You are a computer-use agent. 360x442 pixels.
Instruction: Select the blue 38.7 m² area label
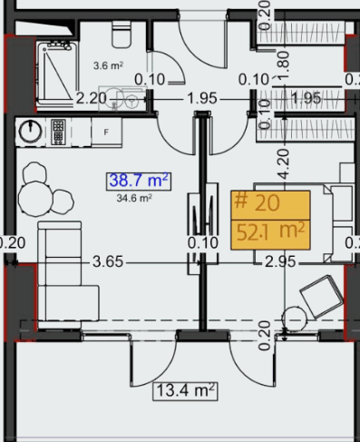coord(141,181)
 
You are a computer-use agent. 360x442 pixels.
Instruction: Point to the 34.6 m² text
coord(134,196)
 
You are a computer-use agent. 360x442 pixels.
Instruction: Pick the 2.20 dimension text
coord(92,97)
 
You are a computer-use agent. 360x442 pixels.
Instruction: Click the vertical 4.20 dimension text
coord(283,163)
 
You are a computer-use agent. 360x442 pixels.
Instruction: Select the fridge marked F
coord(106,133)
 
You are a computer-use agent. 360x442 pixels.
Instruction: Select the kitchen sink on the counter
coord(59,132)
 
